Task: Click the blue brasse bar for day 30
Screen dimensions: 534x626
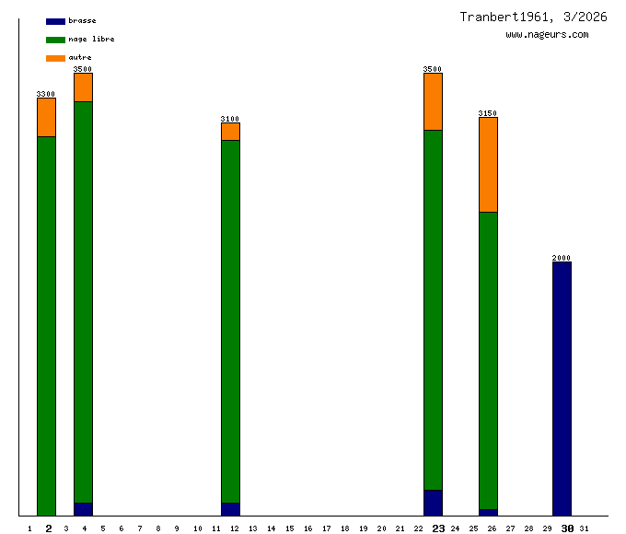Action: [562, 389]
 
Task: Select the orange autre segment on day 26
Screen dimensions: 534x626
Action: [488, 165]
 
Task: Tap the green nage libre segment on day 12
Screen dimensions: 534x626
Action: [230, 321]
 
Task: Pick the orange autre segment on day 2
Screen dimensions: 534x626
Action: [46, 117]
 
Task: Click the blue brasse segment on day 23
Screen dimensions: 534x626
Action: [433, 503]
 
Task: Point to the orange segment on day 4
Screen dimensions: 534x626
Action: [83, 87]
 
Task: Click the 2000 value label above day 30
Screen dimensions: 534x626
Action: [562, 258]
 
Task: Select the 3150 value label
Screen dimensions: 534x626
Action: [488, 113]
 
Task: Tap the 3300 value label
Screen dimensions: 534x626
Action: [46, 94]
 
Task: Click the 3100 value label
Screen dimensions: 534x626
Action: [230, 119]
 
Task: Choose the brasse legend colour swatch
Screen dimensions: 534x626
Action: [55, 21]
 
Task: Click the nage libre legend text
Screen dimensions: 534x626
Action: [91, 39]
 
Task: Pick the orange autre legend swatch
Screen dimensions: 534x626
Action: [55, 58]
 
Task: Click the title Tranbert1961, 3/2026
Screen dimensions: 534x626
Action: [533, 17]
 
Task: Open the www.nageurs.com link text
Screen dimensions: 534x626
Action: [547, 34]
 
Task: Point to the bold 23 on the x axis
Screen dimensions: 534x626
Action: [438, 528]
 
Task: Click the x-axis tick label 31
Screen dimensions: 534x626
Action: [585, 528]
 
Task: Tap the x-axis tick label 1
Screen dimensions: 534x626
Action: [29, 528]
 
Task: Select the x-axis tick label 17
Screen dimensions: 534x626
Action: [326, 528]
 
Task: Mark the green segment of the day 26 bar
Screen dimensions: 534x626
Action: [488, 360]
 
